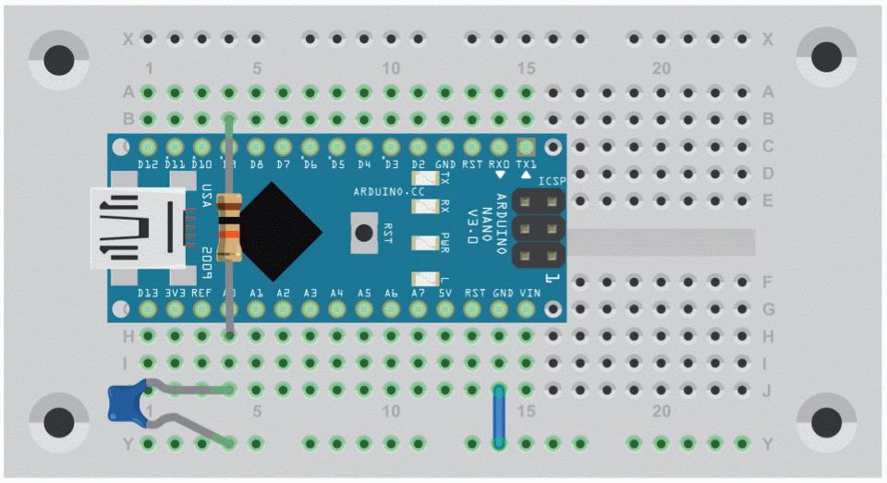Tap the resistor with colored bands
(x=229, y=227)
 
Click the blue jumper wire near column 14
(x=499, y=417)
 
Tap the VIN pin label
(x=529, y=293)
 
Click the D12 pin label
(x=148, y=163)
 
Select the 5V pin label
(x=444, y=293)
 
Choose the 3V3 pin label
(x=175, y=293)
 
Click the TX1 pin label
(x=527, y=163)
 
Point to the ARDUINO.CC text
(x=389, y=191)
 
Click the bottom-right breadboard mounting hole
(x=826, y=422)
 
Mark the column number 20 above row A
(x=661, y=69)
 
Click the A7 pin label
(x=418, y=293)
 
